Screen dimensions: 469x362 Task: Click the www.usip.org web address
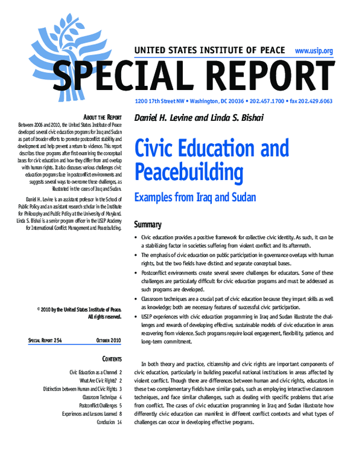314,51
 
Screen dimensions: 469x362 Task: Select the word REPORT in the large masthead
266,76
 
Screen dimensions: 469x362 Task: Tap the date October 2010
109,341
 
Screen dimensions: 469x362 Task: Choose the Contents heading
109,359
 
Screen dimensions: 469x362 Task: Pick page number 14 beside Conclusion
119,421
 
